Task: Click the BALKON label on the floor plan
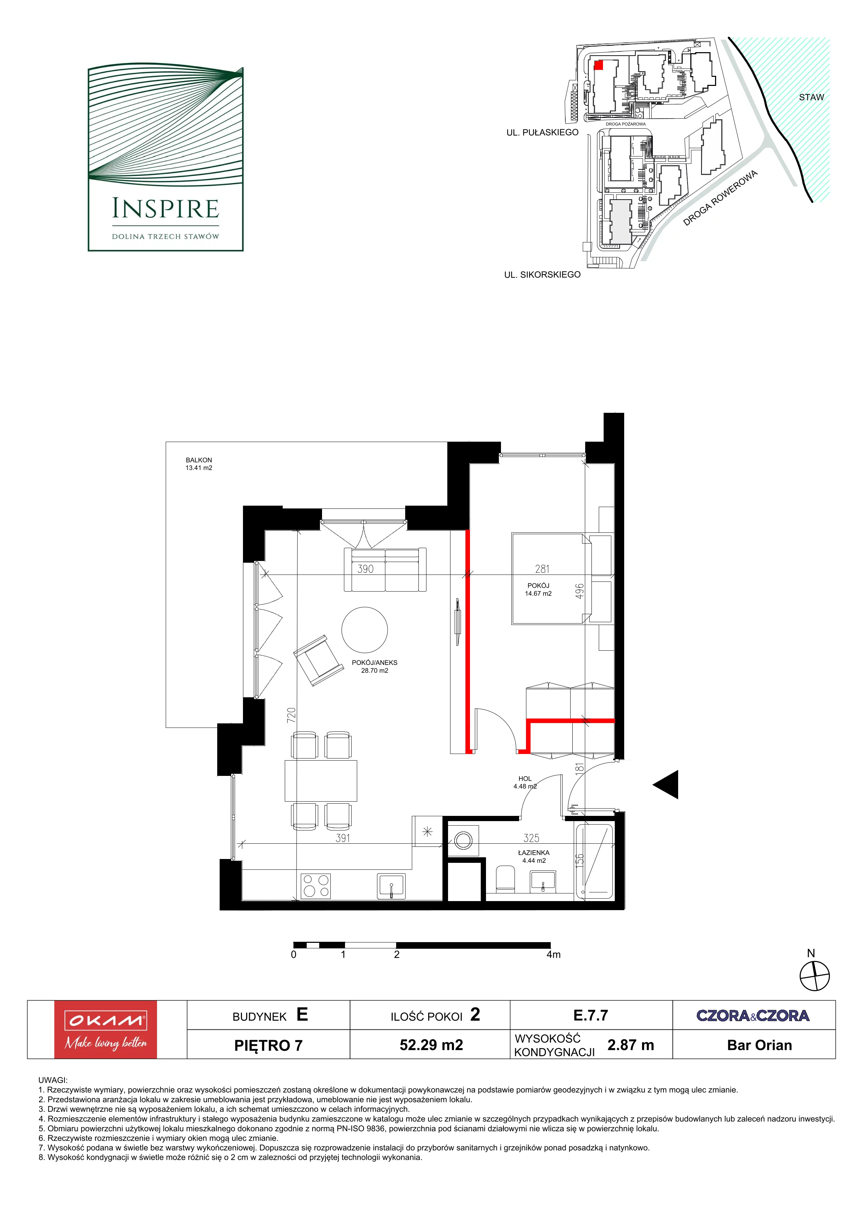tap(199, 460)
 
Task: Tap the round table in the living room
tap(365, 630)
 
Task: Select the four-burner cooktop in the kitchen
tap(316, 886)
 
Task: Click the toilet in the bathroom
tap(505, 880)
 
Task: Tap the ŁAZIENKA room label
tap(534, 853)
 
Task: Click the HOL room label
tap(525, 778)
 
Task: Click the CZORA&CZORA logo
tap(753, 1016)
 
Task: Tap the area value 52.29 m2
tap(431, 1045)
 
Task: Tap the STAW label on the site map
tap(811, 97)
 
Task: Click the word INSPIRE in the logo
tap(165, 209)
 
